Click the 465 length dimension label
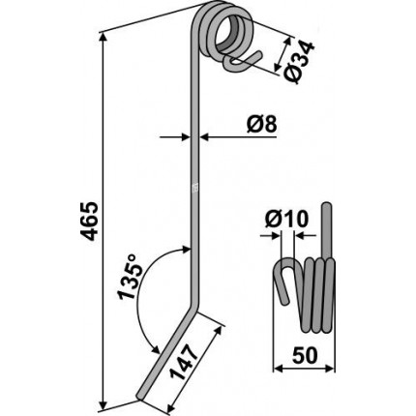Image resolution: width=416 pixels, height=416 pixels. pos(89,222)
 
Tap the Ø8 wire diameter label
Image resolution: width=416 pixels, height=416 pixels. pos(261,125)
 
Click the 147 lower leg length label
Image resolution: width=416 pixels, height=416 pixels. pos(184,362)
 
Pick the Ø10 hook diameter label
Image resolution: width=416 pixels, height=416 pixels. pos(286,220)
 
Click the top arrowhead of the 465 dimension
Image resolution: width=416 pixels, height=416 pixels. pos(104,37)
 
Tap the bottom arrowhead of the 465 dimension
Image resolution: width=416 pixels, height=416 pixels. pos(104,404)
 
